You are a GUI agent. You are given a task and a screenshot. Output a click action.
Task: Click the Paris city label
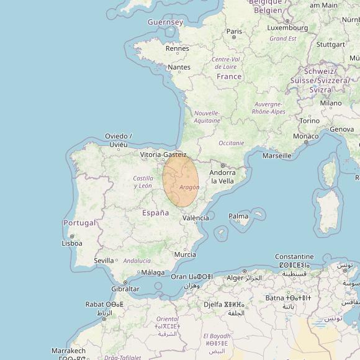(234, 31)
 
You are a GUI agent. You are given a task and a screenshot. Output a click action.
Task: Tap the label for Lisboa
(72, 243)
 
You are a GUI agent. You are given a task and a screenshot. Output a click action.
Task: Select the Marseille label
(276, 155)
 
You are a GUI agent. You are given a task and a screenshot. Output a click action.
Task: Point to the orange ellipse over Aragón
(181, 180)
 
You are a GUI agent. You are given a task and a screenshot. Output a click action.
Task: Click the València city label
(196, 218)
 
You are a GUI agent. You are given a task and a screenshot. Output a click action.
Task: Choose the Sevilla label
(104, 261)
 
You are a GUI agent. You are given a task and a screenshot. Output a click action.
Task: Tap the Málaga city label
(153, 272)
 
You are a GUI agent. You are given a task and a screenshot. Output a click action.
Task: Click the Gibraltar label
(125, 290)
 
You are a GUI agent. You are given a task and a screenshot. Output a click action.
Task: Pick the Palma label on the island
(238, 217)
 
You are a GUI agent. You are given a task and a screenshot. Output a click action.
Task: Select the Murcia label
(185, 254)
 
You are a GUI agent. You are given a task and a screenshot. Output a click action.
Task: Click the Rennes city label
(178, 48)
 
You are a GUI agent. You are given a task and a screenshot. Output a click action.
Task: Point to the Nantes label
(179, 67)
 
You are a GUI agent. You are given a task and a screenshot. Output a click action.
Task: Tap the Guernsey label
(165, 22)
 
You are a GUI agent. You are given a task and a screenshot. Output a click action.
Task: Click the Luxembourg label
(287, 27)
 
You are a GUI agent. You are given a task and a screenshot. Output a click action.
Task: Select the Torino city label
(309, 120)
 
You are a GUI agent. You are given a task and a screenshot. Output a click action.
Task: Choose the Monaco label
(305, 136)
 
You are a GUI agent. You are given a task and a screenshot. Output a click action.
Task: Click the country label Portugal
(79, 223)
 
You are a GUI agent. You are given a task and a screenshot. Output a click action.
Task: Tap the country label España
(155, 213)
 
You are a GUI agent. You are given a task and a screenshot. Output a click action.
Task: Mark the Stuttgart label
(330, 45)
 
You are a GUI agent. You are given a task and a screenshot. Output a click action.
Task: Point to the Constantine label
(294, 256)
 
